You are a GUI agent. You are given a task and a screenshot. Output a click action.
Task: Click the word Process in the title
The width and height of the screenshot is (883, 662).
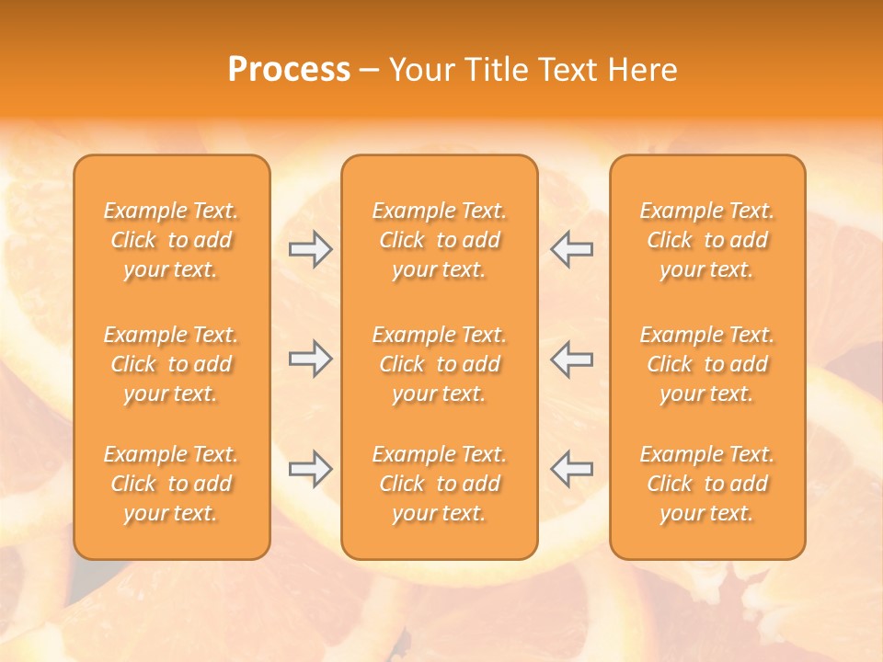click(289, 70)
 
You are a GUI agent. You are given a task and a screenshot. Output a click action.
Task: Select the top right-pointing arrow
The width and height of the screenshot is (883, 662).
click(310, 249)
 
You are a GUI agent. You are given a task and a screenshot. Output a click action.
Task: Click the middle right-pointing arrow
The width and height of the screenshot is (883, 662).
click(310, 359)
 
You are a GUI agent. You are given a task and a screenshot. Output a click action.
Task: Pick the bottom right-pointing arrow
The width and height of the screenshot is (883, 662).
click(310, 469)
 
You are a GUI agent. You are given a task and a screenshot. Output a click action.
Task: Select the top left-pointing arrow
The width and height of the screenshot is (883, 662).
click(571, 249)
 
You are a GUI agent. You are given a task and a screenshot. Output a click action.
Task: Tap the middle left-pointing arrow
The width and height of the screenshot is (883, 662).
click(571, 359)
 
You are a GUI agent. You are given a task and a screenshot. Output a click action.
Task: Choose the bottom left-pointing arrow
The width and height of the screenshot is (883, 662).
click(571, 469)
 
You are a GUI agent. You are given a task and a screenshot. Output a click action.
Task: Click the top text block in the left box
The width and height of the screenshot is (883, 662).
click(171, 240)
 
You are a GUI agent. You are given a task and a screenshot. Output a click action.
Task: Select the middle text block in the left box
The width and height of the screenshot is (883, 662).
click(171, 364)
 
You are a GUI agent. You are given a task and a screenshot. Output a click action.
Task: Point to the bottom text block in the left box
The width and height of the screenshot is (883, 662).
click(171, 484)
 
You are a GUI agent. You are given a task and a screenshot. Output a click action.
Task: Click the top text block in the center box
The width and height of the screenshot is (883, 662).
click(439, 240)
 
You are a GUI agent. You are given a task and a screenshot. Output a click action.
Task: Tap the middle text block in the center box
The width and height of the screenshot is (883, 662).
click(439, 364)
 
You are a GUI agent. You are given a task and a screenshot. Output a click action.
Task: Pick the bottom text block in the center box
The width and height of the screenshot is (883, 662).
click(439, 484)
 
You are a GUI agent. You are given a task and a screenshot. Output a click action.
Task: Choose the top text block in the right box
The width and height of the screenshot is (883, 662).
click(706, 240)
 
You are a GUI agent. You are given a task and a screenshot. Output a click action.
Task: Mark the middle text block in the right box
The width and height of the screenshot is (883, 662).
click(706, 364)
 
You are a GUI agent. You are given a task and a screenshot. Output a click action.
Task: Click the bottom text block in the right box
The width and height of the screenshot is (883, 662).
click(706, 484)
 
